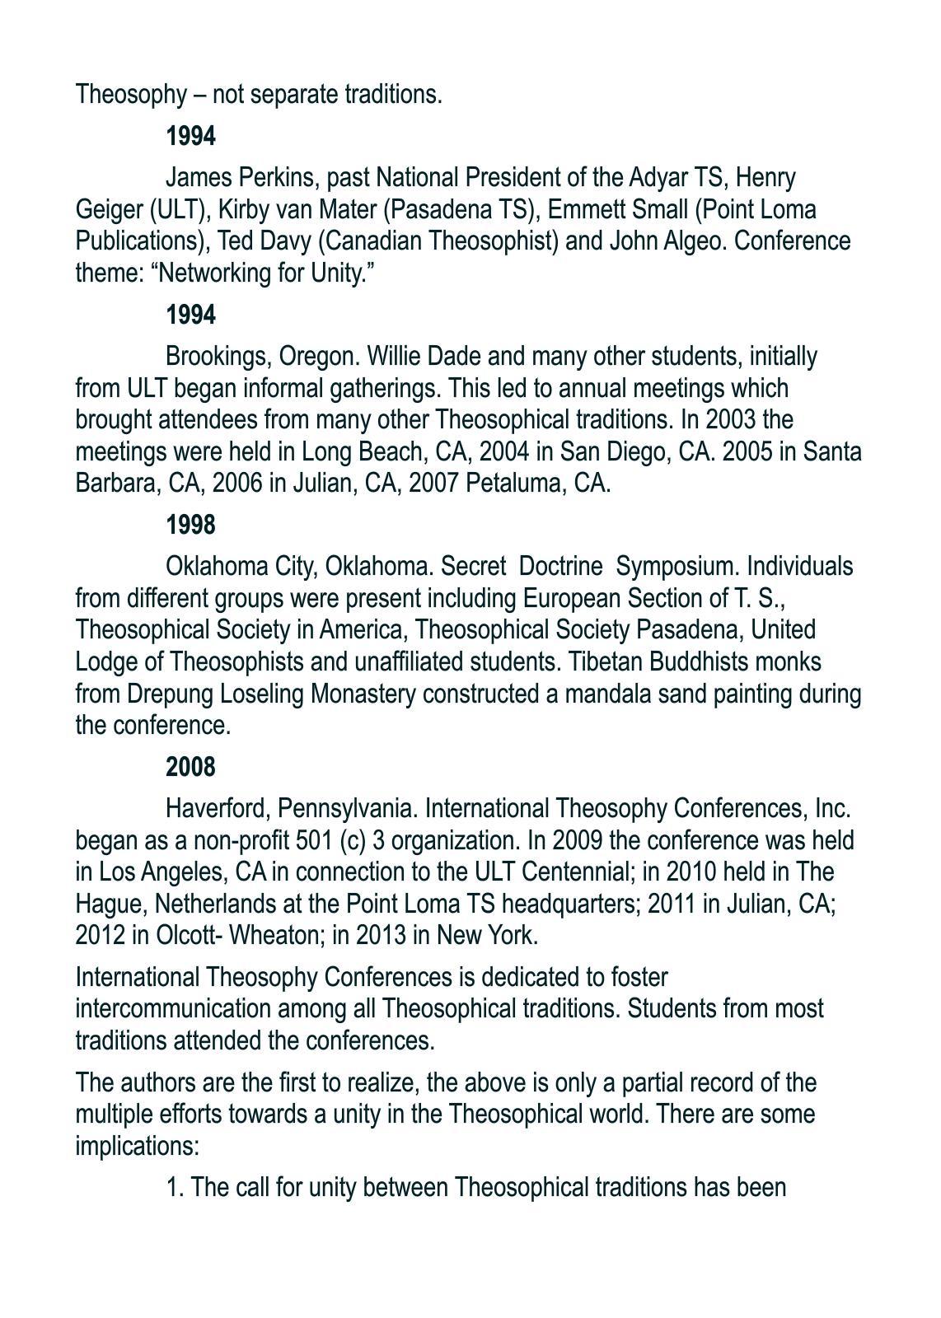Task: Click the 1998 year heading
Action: coord(190,525)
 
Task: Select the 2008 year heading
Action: coord(190,767)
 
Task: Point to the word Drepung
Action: coord(171,694)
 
